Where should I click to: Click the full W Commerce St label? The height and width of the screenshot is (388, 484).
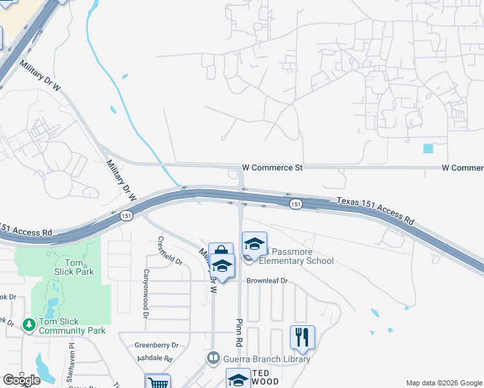coord(272,167)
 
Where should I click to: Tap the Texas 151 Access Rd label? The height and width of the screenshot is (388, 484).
coord(375,211)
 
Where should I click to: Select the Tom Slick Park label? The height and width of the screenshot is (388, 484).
coord(79,267)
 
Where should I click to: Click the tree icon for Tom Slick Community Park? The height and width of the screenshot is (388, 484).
coord(28,325)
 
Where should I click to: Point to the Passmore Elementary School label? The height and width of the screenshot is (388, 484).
coord(296,256)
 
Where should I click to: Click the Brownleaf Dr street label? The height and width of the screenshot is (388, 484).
coord(266,281)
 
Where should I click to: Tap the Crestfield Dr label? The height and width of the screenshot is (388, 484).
coord(162,249)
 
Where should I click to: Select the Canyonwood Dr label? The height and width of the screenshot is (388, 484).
coord(146,294)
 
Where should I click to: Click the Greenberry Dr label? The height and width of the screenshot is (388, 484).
coord(156,345)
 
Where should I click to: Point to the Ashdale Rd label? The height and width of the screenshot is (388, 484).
coord(155,358)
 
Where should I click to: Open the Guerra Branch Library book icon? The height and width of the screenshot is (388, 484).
coord(213,358)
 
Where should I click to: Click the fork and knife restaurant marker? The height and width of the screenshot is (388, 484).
coord(302,337)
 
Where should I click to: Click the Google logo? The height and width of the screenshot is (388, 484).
coord(21,380)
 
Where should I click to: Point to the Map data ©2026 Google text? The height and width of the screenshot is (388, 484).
coord(444,383)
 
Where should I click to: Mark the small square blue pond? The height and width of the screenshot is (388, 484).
coord(428,148)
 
